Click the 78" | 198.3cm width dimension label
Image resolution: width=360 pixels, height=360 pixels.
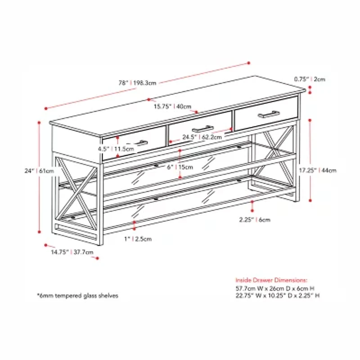[x=137, y=83]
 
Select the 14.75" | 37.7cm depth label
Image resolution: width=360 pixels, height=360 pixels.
[x=72, y=252]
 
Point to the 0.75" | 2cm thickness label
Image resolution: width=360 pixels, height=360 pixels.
[x=310, y=79]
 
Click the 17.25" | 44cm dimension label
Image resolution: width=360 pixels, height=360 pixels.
[x=317, y=171]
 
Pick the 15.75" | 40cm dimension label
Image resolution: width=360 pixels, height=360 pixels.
[x=172, y=107]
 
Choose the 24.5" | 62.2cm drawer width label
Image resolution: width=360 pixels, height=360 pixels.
[x=202, y=136]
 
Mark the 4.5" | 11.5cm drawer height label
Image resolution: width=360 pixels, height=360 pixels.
[x=116, y=148]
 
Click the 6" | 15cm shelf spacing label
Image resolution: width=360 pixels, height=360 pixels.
[x=180, y=167]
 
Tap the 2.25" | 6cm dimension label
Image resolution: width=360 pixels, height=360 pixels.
[x=255, y=220]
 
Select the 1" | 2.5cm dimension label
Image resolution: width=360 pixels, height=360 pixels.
[x=138, y=238]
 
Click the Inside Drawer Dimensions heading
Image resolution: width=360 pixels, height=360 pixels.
[x=271, y=279]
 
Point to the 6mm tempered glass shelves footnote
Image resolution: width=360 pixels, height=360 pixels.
[x=77, y=296]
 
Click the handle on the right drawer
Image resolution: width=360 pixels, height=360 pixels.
[x=268, y=114]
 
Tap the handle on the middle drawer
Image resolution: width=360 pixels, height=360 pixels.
[x=202, y=129]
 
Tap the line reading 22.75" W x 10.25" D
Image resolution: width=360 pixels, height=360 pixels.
[x=278, y=295]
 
